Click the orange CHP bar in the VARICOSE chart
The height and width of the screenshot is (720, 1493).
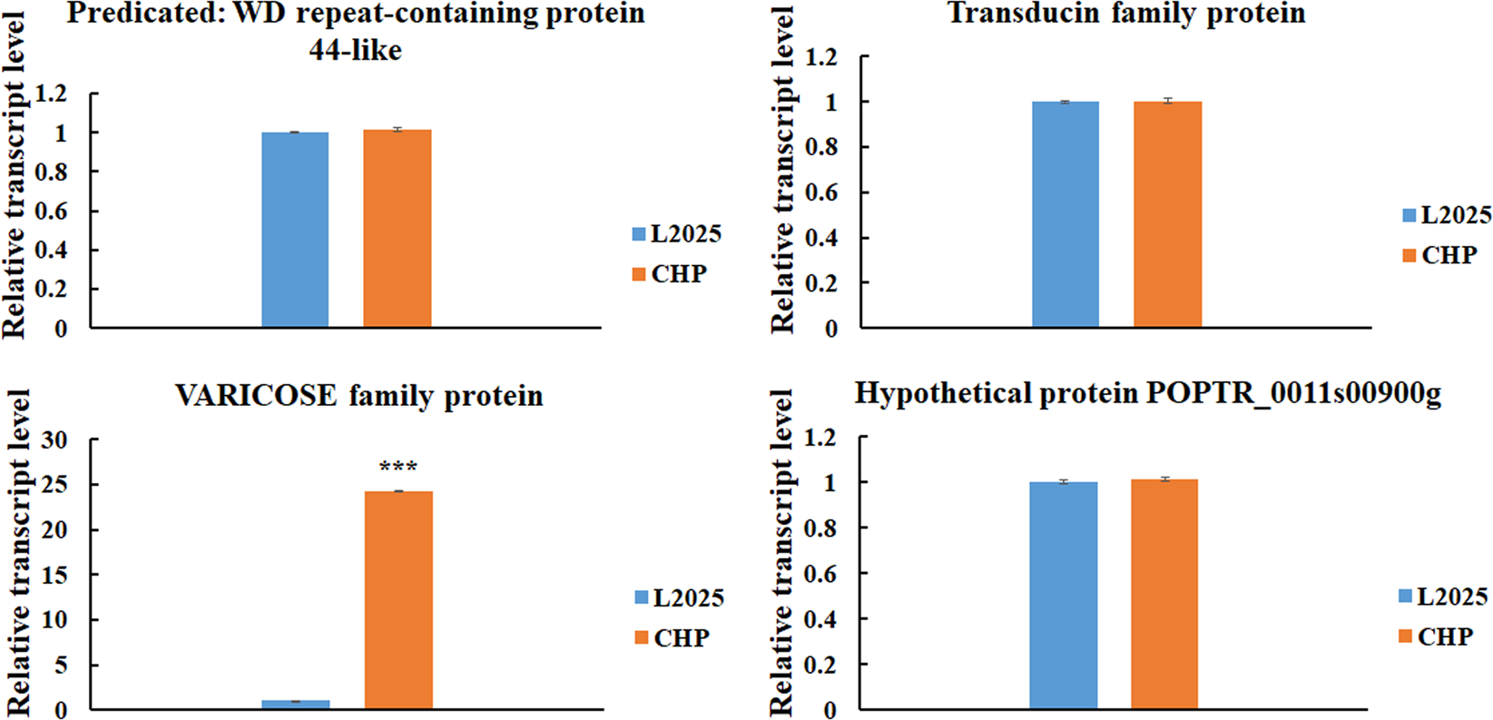(x=398, y=599)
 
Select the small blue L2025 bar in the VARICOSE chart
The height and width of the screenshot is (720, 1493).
(x=296, y=704)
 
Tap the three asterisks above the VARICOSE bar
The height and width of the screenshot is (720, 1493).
(x=398, y=468)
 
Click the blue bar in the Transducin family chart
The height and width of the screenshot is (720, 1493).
(x=1066, y=214)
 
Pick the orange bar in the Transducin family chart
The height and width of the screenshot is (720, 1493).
(x=1167, y=214)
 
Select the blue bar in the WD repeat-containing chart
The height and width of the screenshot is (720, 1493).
(x=295, y=230)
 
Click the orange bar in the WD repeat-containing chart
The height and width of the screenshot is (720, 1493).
(x=398, y=229)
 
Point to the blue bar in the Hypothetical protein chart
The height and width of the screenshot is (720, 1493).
(x=1063, y=595)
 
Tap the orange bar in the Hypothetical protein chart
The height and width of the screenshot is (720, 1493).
(x=1164, y=594)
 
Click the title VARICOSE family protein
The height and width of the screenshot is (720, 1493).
(x=359, y=397)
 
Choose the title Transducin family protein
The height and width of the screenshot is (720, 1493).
(x=1126, y=15)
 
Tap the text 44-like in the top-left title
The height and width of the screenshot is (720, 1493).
(x=355, y=50)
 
